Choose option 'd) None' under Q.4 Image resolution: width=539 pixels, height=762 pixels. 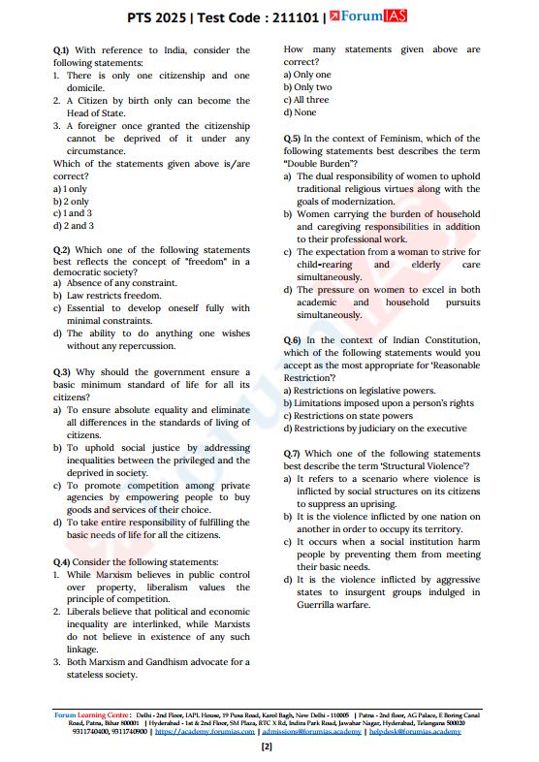(x=300, y=112)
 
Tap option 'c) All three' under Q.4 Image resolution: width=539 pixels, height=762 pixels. (x=305, y=100)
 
